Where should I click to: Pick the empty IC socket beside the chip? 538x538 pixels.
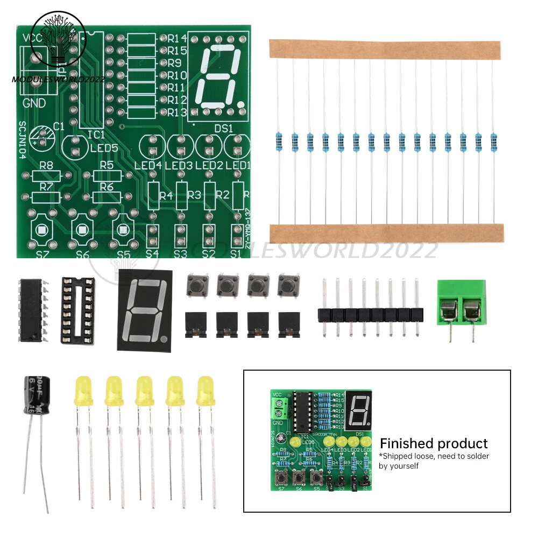[81, 310]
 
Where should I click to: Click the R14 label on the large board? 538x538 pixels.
[177, 39]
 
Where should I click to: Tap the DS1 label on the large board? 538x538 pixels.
[223, 128]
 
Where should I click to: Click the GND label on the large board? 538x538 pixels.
[34, 104]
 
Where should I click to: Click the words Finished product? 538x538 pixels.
[434, 444]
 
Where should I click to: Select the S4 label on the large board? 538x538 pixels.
[152, 252]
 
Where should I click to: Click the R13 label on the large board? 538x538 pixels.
[177, 112]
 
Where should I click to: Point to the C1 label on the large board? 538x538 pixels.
[58, 127]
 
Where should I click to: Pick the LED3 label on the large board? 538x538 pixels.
[179, 165]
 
